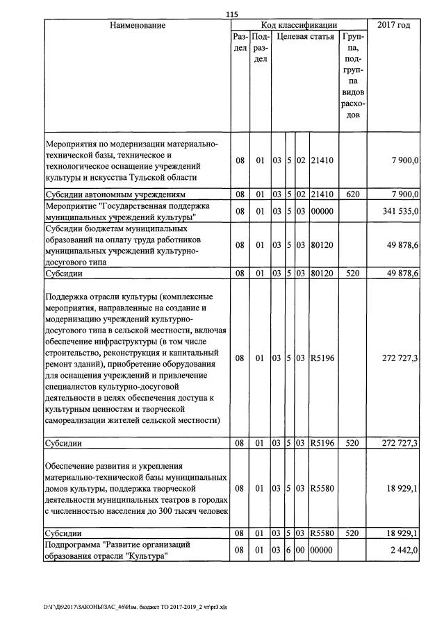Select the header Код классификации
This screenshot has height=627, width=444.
[x=299, y=26]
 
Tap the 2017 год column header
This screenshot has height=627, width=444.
[x=393, y=26]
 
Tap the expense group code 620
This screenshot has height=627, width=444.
[x=352, y=194]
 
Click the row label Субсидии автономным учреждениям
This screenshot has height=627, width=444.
[x=115, y=194]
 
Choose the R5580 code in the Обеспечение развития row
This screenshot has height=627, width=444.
[x=322, y=488]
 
